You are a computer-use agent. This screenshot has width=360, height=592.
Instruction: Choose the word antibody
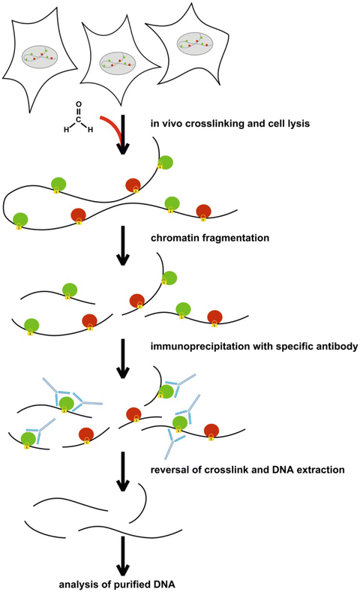[332, 347]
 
